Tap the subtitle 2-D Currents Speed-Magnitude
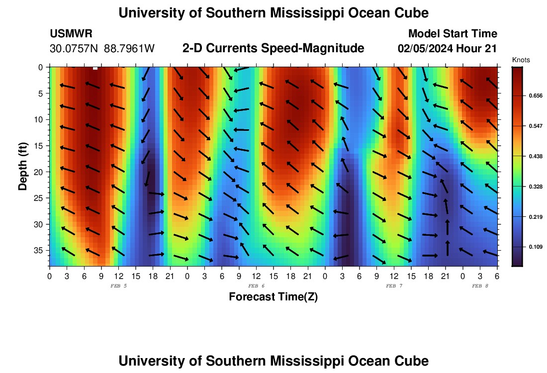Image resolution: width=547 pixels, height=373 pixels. pyautogui.click(x=273, y=48)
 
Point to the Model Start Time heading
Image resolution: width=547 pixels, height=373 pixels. pyautogui.click(x=453, y=34)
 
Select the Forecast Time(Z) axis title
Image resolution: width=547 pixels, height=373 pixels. pyautogui.click(x=273, y=297)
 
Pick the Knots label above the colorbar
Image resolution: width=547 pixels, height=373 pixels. pyautogui.click(x=521, y=60)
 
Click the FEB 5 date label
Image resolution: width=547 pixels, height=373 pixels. pyautogui.click(x=118, y=286)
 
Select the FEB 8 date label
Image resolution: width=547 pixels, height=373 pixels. pyautogui.click(x=480, y=286)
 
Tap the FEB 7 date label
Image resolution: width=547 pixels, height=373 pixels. pyautogui.click(x=394, y=286)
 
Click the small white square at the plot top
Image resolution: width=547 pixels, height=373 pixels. pyautogui.click(x=95, y=68)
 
